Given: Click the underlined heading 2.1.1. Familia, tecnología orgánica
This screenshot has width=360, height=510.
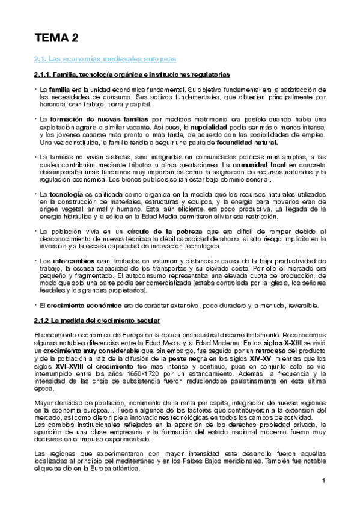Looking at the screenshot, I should pyautogui.click(x=131, y=75).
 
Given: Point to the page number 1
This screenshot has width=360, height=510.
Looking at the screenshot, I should pyautogui.click(x=323, y=480).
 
